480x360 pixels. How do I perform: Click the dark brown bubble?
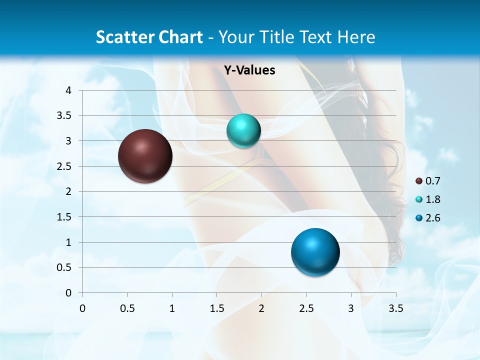point(145,156)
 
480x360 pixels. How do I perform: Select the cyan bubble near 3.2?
point(243,131)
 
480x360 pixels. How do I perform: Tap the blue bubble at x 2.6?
point(315,252)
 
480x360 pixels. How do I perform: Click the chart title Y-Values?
point(249,70)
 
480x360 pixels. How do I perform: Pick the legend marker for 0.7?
point(419,181)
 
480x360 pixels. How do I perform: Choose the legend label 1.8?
point(433,199)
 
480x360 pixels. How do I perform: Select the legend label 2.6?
point(433,218)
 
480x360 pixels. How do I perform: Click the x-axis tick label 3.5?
point(396,308)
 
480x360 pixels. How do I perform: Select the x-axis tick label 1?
point(172,308)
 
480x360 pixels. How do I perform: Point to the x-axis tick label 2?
point(261,308)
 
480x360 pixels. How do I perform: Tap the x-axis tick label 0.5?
point(127,308)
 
